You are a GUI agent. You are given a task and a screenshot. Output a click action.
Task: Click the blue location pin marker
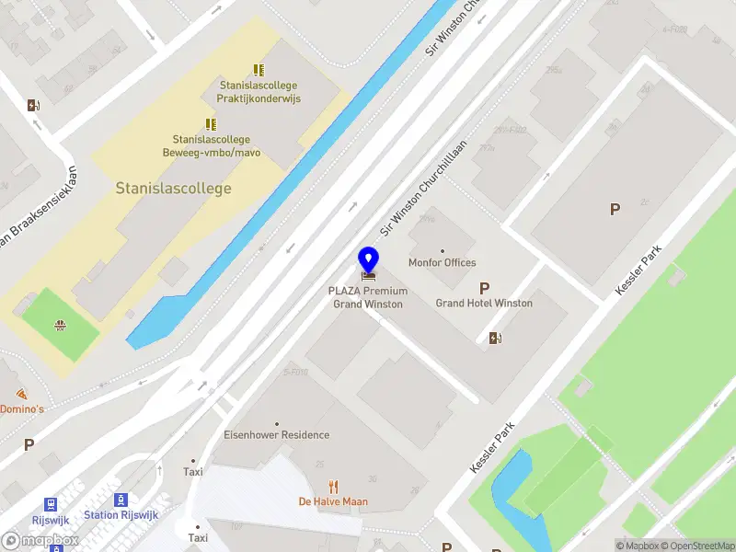(369, 261)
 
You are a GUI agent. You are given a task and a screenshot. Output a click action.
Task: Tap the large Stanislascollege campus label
(173, 189)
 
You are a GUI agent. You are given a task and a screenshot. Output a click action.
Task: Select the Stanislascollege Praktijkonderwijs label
(259, 92)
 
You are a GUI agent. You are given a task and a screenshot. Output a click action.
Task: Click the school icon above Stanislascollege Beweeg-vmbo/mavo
(211, 124)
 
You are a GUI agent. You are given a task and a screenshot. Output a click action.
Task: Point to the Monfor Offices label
(443, 262)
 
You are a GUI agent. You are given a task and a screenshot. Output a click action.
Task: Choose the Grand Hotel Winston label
(484, 303)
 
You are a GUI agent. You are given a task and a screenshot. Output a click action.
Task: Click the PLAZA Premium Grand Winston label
(368, 297)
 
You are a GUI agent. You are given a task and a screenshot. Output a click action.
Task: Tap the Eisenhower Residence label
(276, 435)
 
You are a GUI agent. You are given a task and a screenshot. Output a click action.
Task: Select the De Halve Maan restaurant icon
(333, 487)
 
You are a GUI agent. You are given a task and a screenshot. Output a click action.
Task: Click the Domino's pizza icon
(22, 394)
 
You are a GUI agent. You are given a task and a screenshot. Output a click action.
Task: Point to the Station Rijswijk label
(114, 515)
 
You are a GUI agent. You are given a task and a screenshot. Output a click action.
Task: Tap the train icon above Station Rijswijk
(121, 500)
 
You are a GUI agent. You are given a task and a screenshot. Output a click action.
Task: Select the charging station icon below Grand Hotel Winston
(496, 338)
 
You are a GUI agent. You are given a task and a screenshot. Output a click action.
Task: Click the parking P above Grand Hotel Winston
(484, 288)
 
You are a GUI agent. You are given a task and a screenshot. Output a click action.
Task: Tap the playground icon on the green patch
(60, 324)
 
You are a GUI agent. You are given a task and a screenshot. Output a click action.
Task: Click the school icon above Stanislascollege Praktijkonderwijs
(259, 70)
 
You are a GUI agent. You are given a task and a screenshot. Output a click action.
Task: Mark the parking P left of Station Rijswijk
(29, 444)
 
